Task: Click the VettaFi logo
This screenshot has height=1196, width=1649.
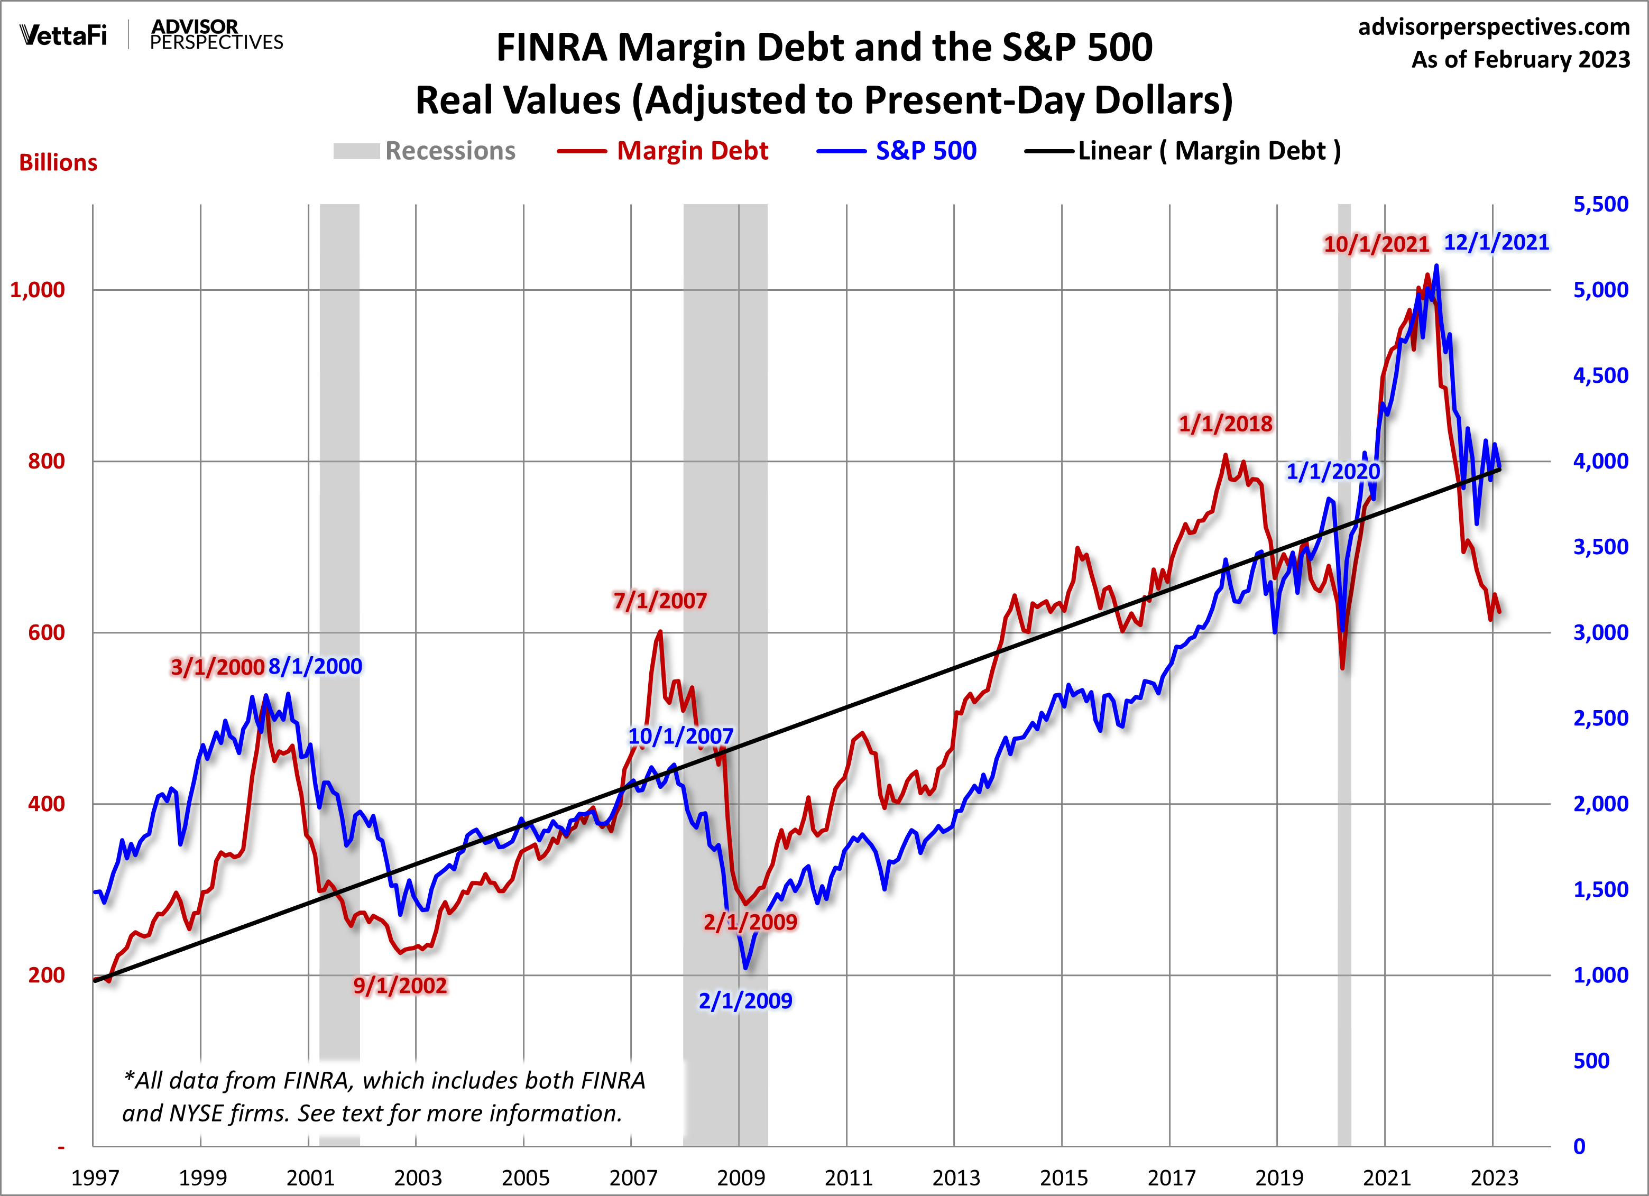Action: click(x=64, y=35)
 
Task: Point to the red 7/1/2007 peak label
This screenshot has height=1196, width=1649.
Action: click(x=659, y=601)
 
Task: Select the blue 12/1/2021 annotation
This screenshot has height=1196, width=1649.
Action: click(x=1496, y=242)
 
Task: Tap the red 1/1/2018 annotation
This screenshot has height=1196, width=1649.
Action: click(x=1225, y=423)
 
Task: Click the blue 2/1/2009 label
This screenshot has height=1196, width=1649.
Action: click(x=745, y=1000)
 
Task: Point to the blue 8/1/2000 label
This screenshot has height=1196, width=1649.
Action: click(x=315, y=666)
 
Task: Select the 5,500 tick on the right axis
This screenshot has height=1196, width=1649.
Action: click(x=1600, y=204)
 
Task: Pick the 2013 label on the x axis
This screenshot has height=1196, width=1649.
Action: click(x=955, y=1177)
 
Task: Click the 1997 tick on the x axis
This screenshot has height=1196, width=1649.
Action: click(x=95, y=1177)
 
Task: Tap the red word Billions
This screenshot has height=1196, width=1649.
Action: click(x=58, y=162)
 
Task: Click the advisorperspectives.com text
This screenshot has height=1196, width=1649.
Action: click(x=1494, y=27)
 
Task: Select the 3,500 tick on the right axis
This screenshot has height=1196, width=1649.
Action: click(x=1600, y=547)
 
